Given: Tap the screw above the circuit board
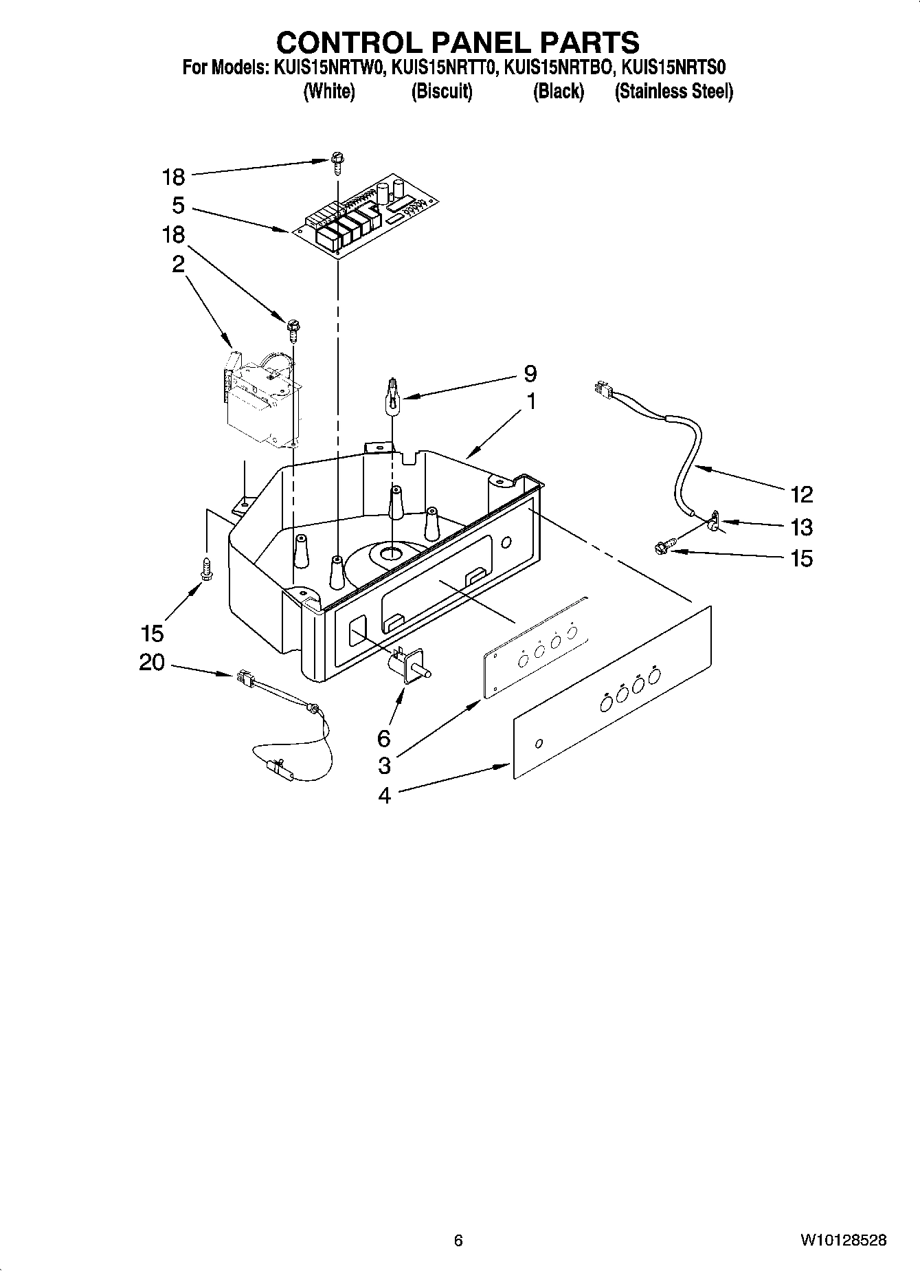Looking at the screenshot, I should (x=337, y=162).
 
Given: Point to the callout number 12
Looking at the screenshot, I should (x=802, y=494).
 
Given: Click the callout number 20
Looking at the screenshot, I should (x=152, y=663).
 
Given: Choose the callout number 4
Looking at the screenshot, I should (x=384, y=795).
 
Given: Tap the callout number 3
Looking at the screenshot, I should (x=384, y=765).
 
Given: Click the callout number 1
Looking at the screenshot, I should (x=531, y=401).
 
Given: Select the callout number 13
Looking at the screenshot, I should (x=802, y=527).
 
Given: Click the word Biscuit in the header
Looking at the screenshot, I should (x=442, y=91).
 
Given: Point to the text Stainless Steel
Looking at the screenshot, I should (x=673, y=91).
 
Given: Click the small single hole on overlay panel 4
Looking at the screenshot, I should (x=539, y=742).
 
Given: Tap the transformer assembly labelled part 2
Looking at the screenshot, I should (x=261, y=399).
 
